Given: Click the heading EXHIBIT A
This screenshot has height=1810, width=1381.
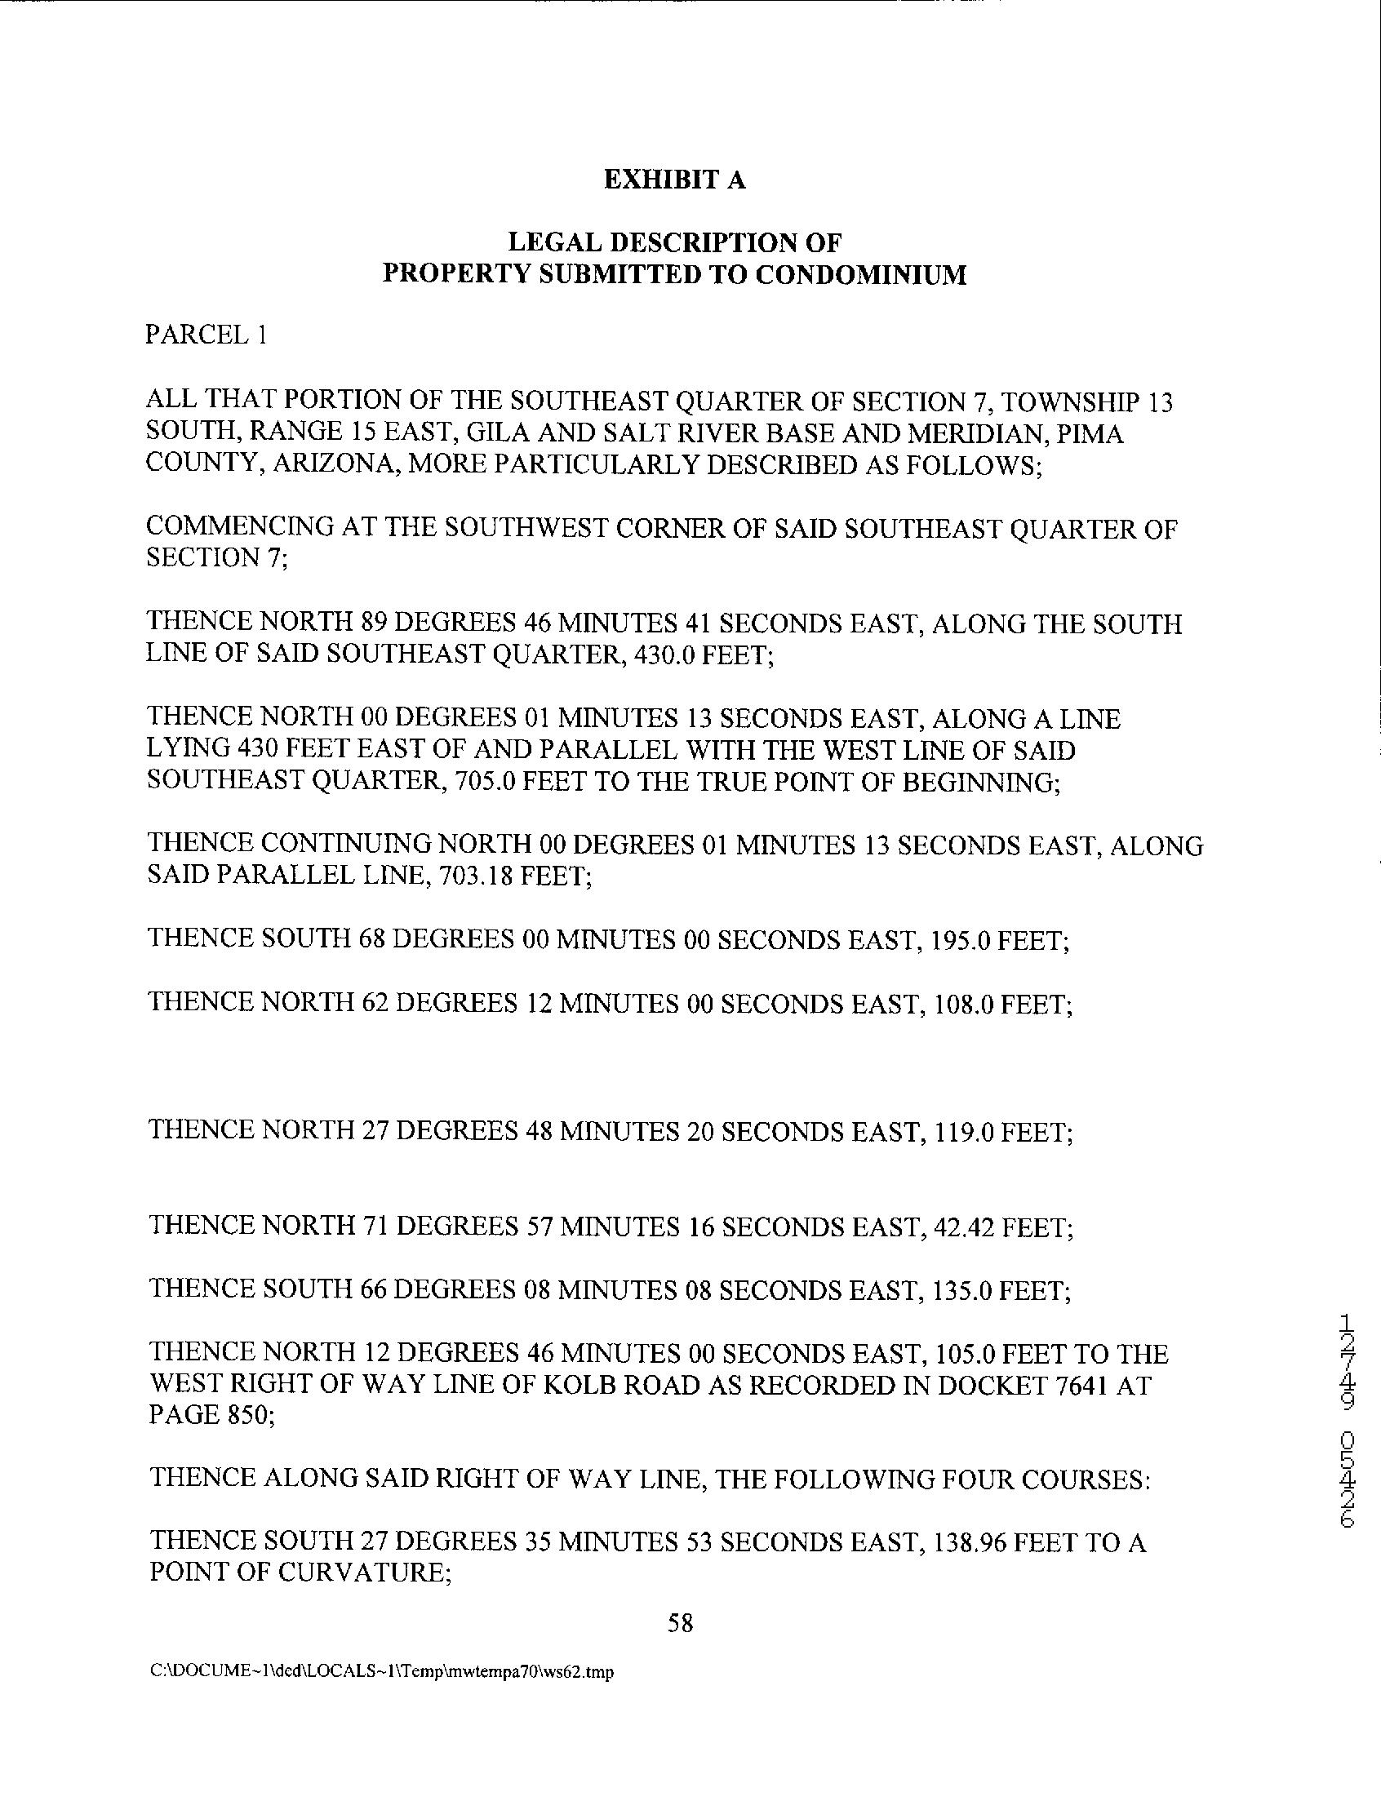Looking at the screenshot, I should [675, 180].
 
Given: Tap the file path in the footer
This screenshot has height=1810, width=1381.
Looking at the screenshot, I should [382, 1672].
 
